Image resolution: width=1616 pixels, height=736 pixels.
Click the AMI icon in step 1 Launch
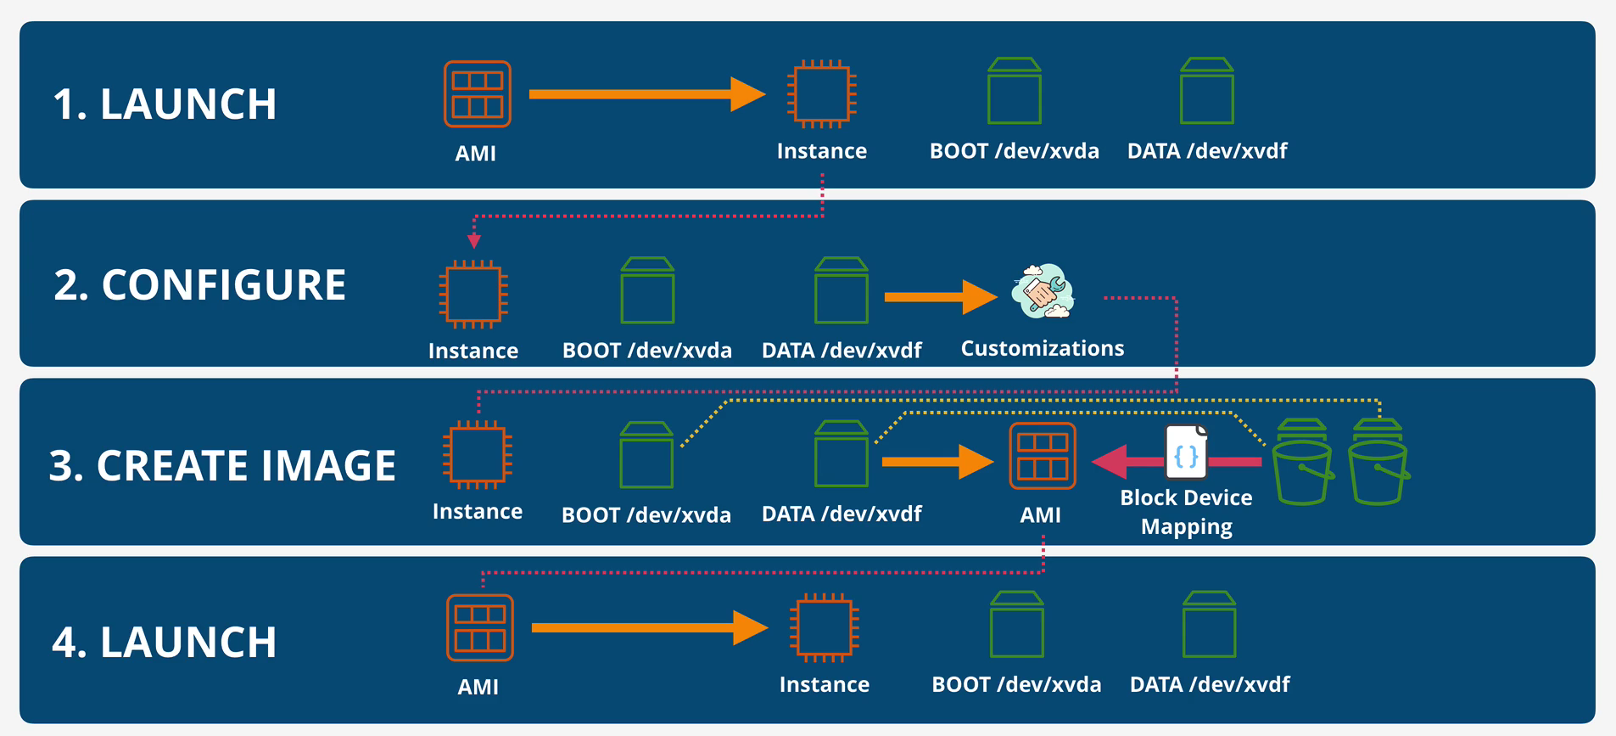point(477,94)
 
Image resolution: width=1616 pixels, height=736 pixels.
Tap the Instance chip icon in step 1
point(821,94)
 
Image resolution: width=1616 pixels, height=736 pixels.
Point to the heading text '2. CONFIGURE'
point(199,285)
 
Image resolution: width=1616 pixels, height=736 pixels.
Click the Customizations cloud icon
point(1043,292)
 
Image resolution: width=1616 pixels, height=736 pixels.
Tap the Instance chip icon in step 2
point(473,295)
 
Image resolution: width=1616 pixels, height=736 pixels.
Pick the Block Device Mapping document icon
point(1186,453)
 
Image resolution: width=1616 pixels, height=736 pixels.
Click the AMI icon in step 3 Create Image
point(1042,457)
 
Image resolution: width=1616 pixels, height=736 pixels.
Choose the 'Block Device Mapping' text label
point(1186,512)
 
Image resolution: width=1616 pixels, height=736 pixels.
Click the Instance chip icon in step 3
point(477,455)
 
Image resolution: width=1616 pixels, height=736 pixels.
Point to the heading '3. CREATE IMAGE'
point(222,466)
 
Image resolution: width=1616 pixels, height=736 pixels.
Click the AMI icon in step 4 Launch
point(479,628)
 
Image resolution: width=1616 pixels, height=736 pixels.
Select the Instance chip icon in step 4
point(824,628)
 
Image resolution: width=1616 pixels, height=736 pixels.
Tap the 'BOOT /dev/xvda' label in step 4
point(1016,685)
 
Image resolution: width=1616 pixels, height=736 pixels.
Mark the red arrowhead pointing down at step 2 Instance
point(474,241)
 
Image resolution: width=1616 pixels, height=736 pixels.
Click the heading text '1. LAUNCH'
point(165,104)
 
